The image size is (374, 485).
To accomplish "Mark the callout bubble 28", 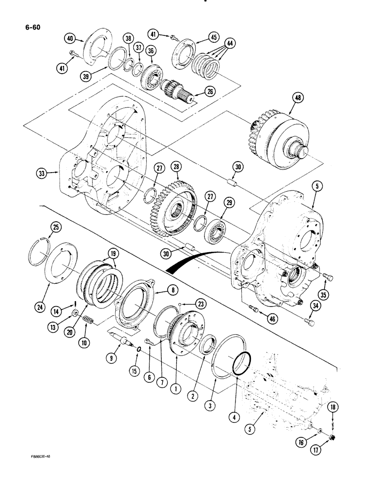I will [x=176, y=167].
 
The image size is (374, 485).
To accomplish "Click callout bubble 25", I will [x=56, y=227].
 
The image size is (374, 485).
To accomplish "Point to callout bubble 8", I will [x=171, y=289].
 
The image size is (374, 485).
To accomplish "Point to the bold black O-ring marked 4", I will [x=241, y=361].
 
